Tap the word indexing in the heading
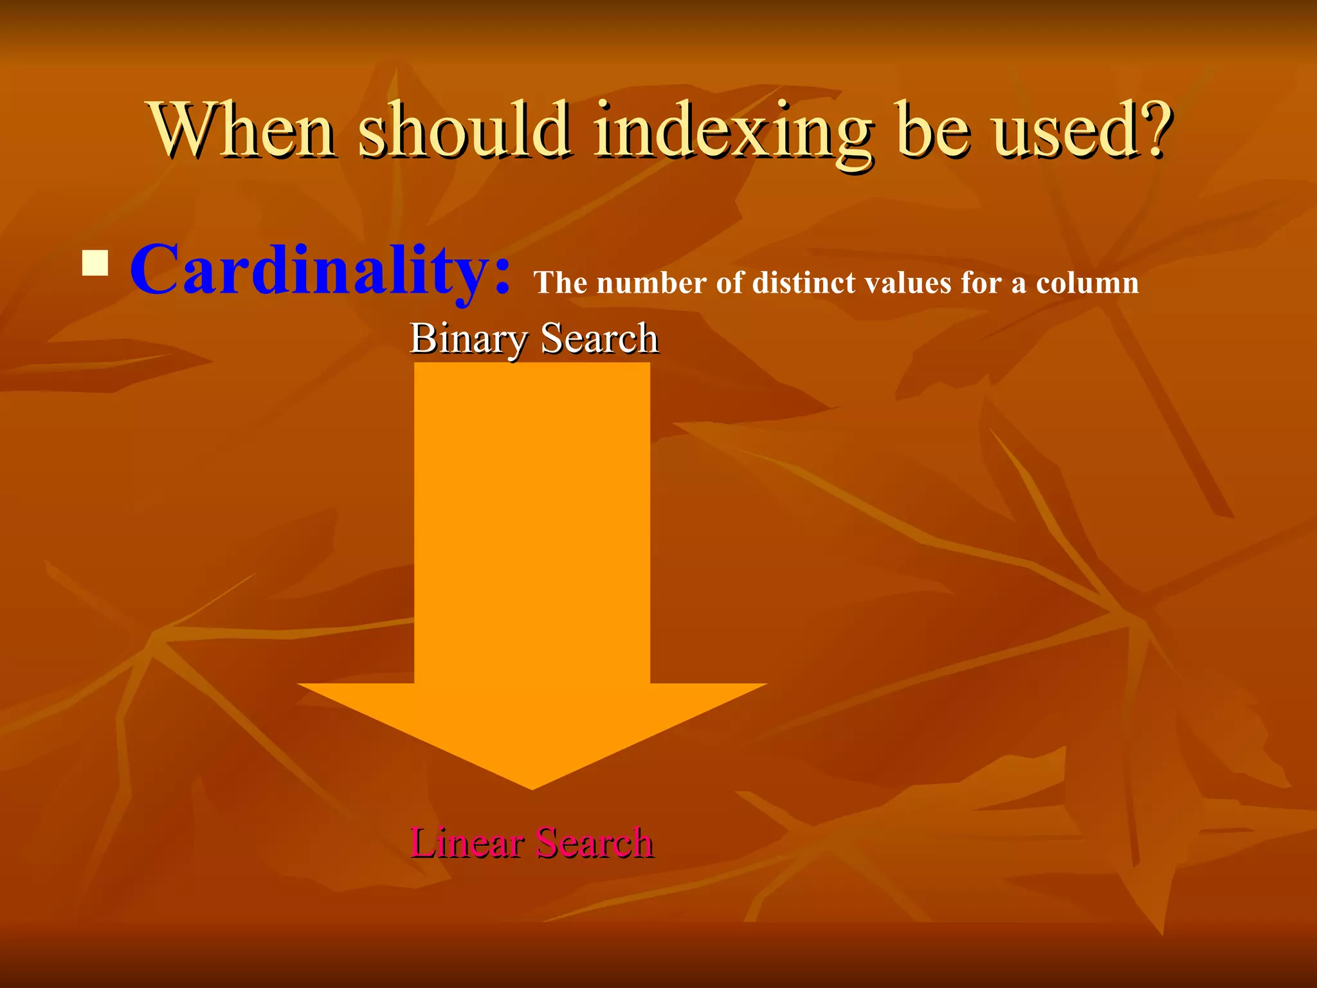(x=734, y=132)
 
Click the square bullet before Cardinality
(x=95, y=263)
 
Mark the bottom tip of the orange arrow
(x=532, y=787)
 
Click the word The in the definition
(x=560, y=283)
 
